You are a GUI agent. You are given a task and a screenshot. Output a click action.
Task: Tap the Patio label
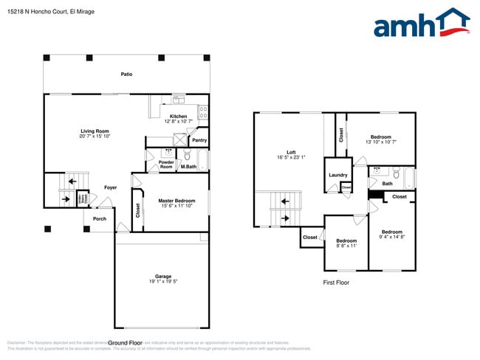pyautogui.click(x=127, y=74)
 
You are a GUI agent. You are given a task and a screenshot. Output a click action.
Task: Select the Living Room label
pyautogui.click(x=95, y=131)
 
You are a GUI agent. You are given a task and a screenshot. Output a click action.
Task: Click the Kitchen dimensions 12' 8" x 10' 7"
pyautogui.click(x=178, y=122)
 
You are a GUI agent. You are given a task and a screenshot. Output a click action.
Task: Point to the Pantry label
pyautogui.click(x=199, y=140)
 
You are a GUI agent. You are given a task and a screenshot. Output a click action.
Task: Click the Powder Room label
pyautogui.click(x=166, y=165)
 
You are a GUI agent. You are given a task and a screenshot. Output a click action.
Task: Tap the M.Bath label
pyautogui.click(x=188, y=167)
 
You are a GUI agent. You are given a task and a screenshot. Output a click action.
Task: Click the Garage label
pyautogui.click(x=163, y=277)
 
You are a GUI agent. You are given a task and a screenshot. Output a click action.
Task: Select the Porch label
pyautogui.click(x=99, y=218)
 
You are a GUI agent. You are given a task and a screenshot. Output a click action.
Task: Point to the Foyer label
pyautogui.click(x=110, y=187)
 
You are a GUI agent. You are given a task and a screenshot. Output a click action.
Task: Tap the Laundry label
pyautogui.click(x=338, y=175)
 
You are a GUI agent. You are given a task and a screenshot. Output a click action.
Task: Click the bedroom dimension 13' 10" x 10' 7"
pyautogui.click(x=380, y=142)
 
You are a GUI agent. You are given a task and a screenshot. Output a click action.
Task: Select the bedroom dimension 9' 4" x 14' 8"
pyautogui.click(x=391, y=237)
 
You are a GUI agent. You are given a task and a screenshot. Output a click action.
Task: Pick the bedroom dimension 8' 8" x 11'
pyautogui.click(x=346, y=245)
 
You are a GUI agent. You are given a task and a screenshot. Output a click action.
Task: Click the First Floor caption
pyautogui.click(x=337, y=283)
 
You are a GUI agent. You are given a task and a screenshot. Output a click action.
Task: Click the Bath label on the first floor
pyautogui.click(x=387, y=184)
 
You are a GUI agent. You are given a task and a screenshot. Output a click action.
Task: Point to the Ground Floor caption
pyautogui.click(x=125, y=343)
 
